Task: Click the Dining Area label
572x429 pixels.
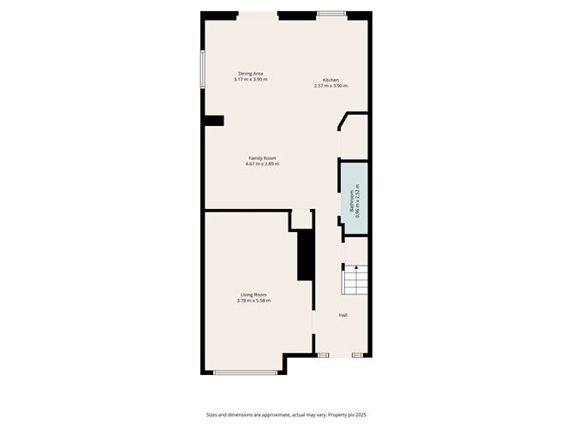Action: click(251, 74)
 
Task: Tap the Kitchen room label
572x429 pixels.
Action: click(331, 80)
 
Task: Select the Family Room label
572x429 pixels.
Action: click(262, 158)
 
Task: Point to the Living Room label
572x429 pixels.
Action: click(253, 295)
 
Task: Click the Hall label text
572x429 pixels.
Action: click(343, 315)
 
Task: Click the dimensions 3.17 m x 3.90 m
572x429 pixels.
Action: click(251, 80)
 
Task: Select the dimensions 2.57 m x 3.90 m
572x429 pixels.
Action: click(331, 86)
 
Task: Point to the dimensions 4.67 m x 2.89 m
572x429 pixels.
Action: click(262, 164)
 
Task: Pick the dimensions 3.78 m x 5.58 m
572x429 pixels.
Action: click(253, 301)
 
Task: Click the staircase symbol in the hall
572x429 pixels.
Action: click(355, 280)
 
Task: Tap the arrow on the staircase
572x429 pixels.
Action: click(355, 269)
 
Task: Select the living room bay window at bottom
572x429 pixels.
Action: click(245, 372)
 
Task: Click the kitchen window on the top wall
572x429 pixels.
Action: click(331, 14)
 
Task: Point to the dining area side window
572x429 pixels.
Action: click(203, 69)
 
